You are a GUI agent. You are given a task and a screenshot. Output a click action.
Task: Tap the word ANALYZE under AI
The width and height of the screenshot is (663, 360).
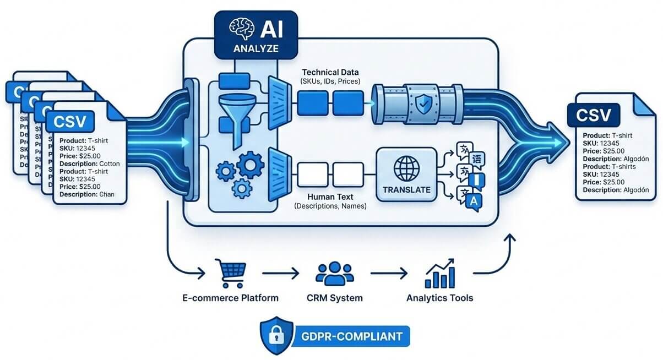[256, 48]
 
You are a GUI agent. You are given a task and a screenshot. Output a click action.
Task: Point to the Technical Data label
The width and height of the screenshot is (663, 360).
[330, 72]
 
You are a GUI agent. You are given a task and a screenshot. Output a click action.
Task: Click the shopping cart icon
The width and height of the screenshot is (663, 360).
[231, 274]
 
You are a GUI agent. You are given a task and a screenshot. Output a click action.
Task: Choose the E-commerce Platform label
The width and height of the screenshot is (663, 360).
[231, 298]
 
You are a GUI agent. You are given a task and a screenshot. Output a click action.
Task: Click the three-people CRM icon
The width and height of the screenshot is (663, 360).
[335, 274]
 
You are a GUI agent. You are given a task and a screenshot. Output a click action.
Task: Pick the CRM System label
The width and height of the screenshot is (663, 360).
[335, 298]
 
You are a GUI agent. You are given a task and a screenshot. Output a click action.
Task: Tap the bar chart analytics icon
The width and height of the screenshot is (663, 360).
[439, 274]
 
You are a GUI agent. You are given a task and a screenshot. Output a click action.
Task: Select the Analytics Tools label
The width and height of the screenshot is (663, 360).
[439, 298]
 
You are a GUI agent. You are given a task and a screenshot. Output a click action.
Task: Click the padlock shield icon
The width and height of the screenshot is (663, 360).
[274, 334]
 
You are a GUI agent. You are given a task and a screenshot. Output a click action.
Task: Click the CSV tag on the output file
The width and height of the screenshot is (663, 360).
[593, 116]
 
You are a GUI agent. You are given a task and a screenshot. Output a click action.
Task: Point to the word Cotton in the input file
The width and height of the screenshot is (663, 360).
[110, 163]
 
